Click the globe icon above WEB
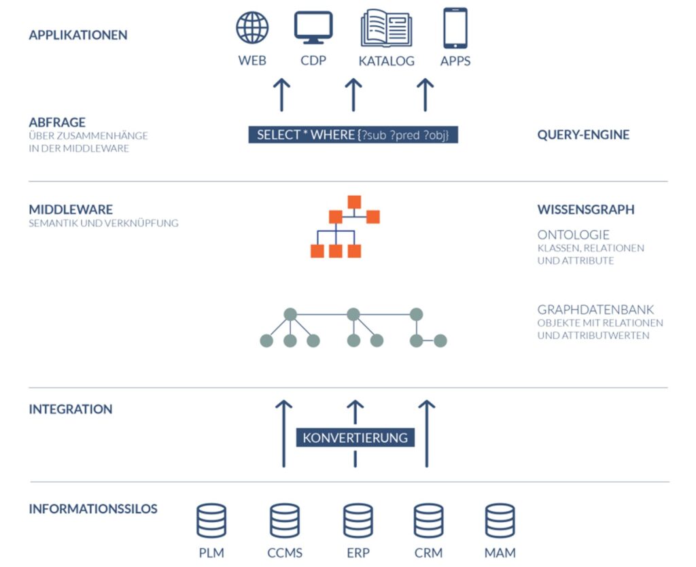click(x=252, y=28)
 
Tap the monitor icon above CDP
click(x=313, y=28)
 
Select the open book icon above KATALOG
click(x=386, y=28)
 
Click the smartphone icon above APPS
click(x=455, y=28)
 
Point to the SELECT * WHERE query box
click(x=353, y=135)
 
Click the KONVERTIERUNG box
click(x=355, y=437)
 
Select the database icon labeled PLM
click(x=211, y=521)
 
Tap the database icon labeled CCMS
click(x=284, y=521)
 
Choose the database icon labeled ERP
click(x=358, y=521)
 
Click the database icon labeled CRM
click(x=428, y=521)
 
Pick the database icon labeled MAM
click(x=500, y=521)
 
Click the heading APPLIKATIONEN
click(x=78, y=35)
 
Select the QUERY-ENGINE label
click(x=583, y=135)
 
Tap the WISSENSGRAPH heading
click(x=585, y=209)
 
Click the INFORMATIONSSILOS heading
click(x=93, y=509)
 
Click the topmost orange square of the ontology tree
click(x=353, y=202)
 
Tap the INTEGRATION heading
click(x=71, y=409)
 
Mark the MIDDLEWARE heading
click(x=71, y=209)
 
